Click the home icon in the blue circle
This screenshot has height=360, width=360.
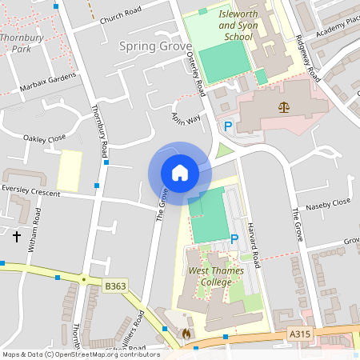tap(180, 173)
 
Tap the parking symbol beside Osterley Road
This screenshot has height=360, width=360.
tap(228, 126)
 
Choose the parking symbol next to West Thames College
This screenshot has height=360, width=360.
tap(234, 239)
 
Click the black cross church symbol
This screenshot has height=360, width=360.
tap(17, 236)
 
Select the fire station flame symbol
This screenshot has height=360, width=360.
tap(186, 333)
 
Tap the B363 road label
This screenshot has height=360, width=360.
tap(116, 286)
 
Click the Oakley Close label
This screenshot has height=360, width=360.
tap(45, 138)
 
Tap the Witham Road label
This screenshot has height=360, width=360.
tap(35, 230)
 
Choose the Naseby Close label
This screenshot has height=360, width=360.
tap(329, 202)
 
